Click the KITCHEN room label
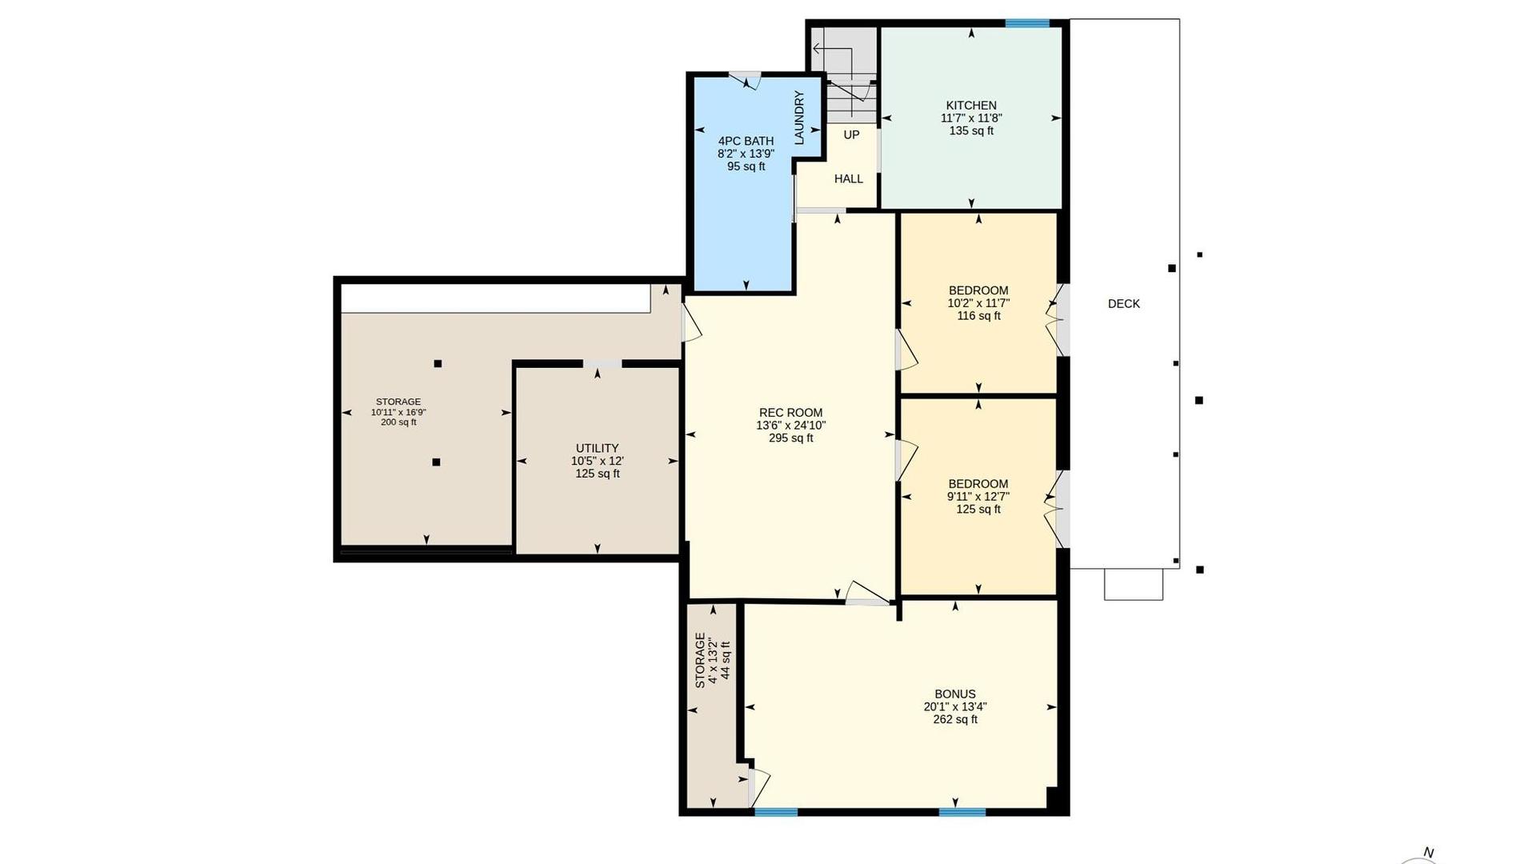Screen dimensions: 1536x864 971,106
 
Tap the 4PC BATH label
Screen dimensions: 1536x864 746,141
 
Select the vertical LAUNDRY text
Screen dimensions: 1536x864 798,118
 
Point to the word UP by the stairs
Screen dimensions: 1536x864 851,134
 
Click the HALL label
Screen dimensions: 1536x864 849,178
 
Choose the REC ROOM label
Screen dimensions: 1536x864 790,413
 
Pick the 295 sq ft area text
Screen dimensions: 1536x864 790,438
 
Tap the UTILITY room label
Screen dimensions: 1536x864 597,448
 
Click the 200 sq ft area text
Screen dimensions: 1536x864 398,422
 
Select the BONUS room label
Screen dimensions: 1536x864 955,694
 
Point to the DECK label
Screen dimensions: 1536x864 1124,304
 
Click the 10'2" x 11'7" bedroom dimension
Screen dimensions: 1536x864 978,303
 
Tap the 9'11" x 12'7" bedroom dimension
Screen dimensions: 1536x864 978,497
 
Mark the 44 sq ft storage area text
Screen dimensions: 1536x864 726,660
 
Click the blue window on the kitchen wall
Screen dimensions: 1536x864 1027,23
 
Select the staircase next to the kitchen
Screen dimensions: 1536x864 845,76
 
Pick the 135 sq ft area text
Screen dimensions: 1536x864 971,131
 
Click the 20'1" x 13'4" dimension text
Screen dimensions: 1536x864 955,707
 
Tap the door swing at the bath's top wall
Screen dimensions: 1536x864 746,80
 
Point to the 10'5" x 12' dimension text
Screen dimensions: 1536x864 597,461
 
